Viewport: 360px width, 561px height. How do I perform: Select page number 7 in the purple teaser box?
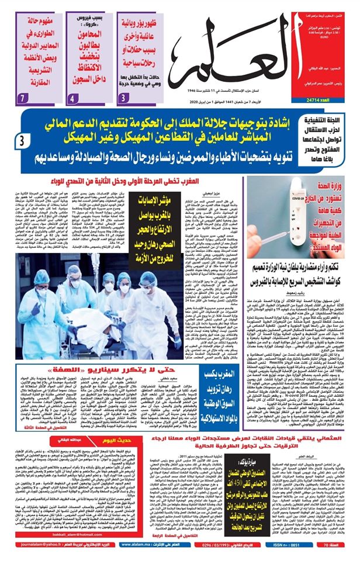(x=22, y=95)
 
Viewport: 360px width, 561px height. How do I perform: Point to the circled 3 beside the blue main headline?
(x=22, y=140)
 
